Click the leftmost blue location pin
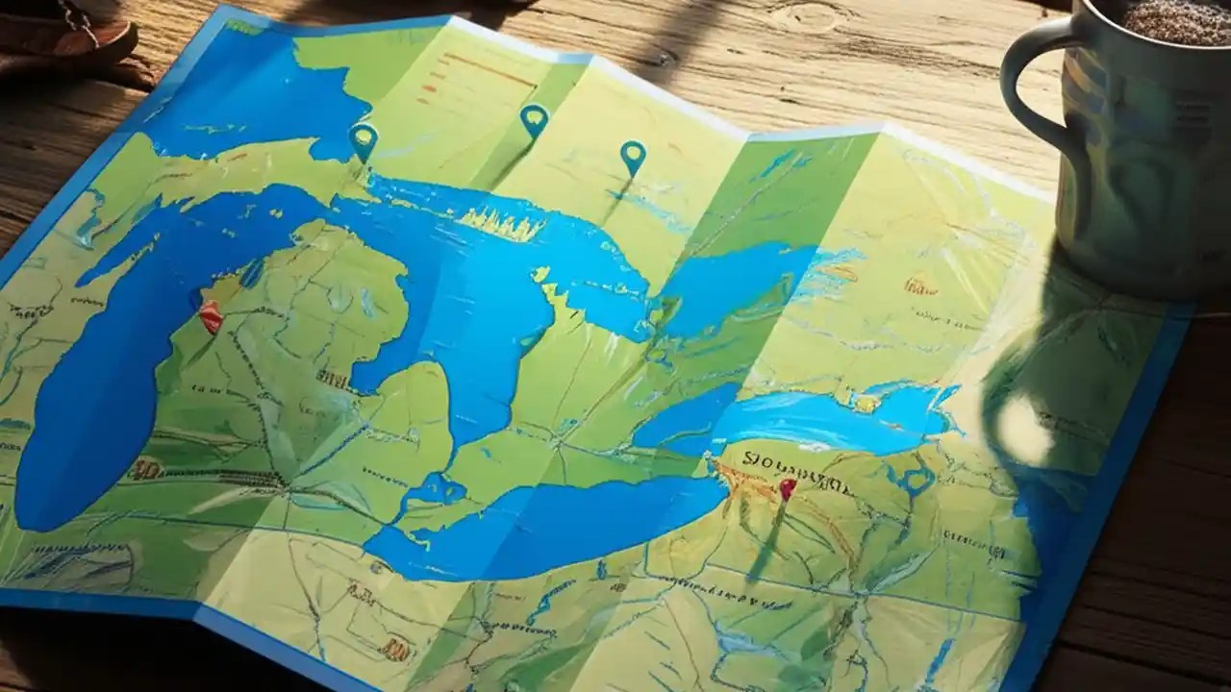tap(363, 139)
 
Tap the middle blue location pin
tap(534, 119)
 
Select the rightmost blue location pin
tap(632, 155)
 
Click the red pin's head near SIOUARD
tap(787, 487)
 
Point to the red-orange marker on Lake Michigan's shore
tap(211, 315)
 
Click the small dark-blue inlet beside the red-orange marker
tap(252, 275)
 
